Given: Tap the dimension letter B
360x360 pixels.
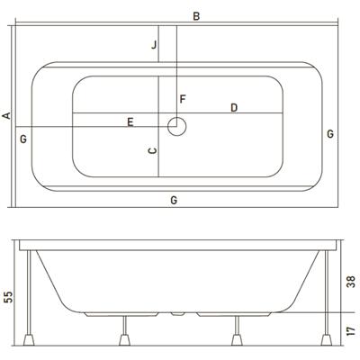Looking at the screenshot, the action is click(196, 16).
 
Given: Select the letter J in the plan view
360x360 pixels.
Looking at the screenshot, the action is click(154, 45).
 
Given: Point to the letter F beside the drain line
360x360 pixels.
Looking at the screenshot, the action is click(183, 99).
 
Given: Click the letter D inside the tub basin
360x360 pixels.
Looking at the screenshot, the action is click(234, 108).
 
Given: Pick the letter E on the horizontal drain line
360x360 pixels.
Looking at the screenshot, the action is click(130, 122).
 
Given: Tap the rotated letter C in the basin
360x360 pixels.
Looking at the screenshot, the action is click(153, 150).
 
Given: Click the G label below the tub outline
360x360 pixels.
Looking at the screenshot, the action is click(174, 200).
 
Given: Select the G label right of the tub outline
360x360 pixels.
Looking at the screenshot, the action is click(330, 133).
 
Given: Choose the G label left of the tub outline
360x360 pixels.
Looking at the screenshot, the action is click(23, 139).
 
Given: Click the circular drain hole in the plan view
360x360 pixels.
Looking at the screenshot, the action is click(177, 127).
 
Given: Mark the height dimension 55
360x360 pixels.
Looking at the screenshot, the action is click(9, 297).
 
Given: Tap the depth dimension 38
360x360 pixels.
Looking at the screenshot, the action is click(351, 282).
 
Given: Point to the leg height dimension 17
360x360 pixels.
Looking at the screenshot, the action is click(351, 331).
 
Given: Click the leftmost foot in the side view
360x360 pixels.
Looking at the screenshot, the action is click(29, 340).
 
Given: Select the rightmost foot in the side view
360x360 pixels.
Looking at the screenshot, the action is click(327, 340).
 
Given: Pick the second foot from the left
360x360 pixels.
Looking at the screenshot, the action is click(125, 340).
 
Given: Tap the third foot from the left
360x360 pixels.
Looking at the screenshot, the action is click(237, 340).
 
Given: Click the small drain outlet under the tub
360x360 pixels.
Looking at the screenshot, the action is click(177, 314).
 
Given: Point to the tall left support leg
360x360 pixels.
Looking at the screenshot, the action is click(29, 292).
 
